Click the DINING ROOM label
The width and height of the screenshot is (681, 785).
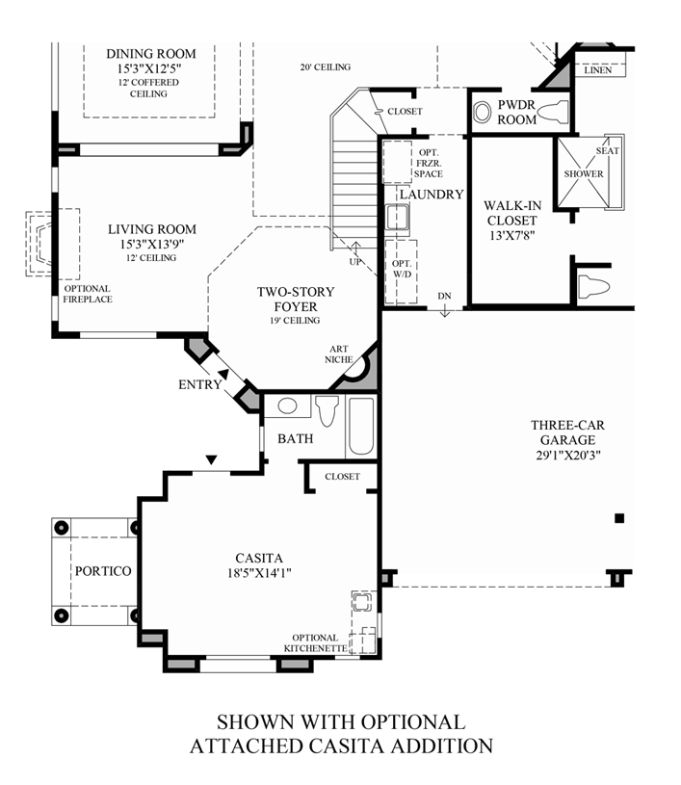(x=150, y=54)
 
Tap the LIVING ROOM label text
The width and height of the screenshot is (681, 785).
(x=151, y=229)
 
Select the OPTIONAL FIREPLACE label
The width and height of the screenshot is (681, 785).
(x=87, y=294)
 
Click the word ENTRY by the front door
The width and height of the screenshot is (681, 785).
(x=200, y=384)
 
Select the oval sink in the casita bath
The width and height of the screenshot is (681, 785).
(x=286, y=406)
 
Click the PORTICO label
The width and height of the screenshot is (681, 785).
(x=102, y=571)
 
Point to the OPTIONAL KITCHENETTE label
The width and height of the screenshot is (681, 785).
(x=316, y=643)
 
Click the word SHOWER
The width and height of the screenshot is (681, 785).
(x=584, y=174)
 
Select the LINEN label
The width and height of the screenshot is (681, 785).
(x=598, y=69)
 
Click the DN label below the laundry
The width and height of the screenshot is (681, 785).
(x=444, y=296)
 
